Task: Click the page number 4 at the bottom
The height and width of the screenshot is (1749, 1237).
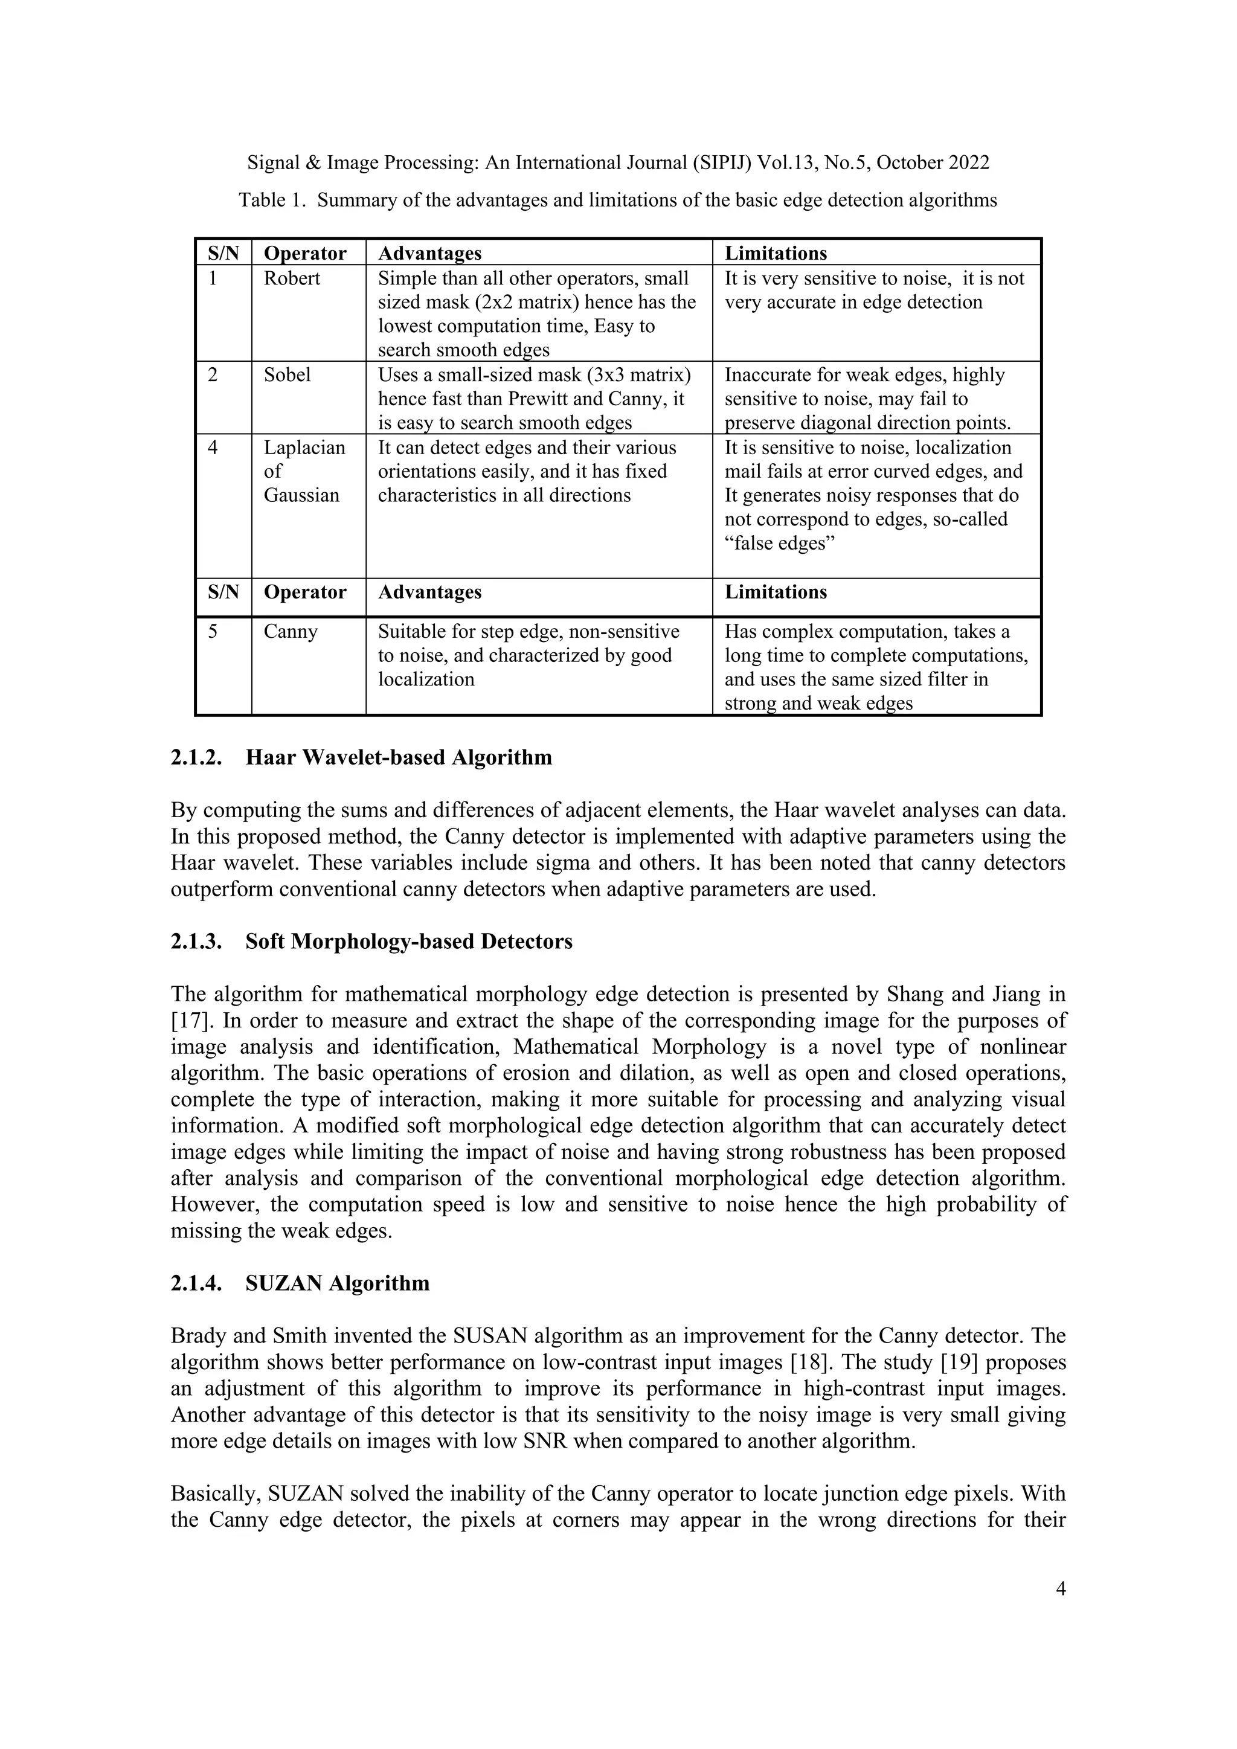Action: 1060,1589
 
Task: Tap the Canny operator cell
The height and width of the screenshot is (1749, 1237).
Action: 290,632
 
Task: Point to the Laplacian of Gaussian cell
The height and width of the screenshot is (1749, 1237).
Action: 304,472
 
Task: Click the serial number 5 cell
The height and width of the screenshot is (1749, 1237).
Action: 213,632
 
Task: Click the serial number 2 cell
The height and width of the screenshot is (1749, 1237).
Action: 213,375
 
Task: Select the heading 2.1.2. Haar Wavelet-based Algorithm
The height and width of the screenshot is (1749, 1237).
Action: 361,757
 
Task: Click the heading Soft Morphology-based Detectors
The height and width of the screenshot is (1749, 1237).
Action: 408,942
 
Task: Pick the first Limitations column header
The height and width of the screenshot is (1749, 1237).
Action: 775,253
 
